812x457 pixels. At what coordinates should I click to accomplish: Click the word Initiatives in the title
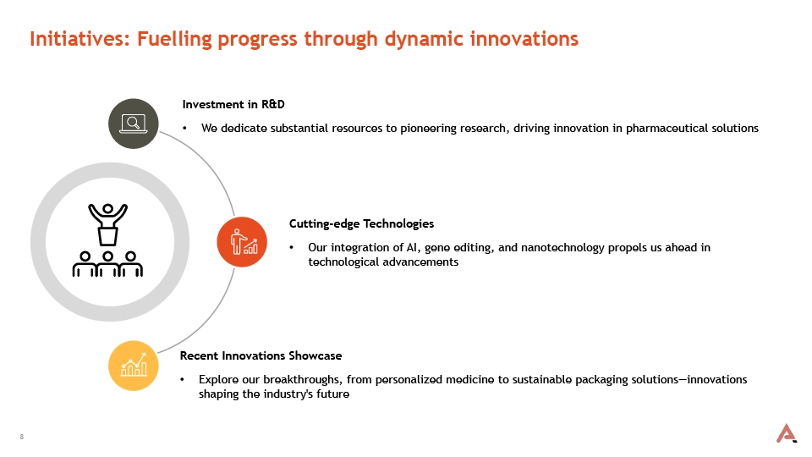tap(80, 39)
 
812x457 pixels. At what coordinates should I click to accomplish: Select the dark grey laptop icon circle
tap(134, 124)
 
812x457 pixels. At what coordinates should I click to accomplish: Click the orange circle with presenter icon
tap(242, 242)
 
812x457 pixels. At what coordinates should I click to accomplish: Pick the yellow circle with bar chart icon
tap(134, 366)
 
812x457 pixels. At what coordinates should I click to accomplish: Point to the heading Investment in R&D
tap(233, 104)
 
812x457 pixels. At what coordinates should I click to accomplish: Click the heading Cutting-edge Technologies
tap(361, 223)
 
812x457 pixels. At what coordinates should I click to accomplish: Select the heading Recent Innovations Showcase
tap(261, 356)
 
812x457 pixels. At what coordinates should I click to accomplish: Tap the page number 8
tap(22, 437)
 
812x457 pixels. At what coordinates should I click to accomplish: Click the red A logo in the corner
tap(786, 433)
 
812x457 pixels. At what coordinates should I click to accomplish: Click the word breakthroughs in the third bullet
tap(302, 380)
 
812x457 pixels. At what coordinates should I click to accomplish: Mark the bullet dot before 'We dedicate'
tap(185, 129)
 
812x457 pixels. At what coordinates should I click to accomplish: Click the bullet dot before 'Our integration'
tap(292, 248)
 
